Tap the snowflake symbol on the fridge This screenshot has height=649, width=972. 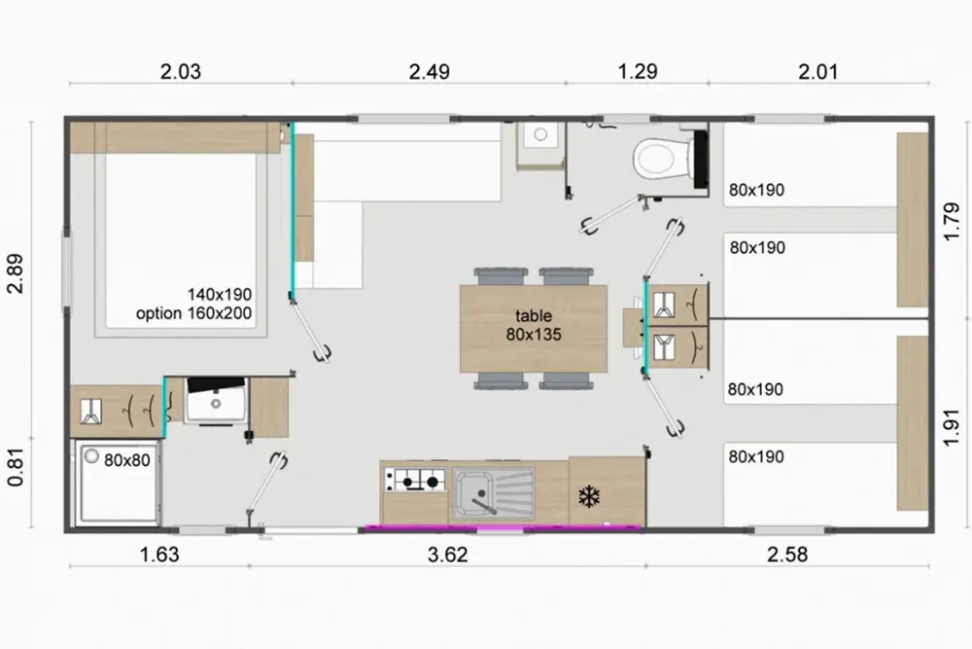[589, 496]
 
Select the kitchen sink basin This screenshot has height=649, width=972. [494, 493]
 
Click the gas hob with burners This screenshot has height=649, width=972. [416, 480]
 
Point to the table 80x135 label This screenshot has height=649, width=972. [533, 325]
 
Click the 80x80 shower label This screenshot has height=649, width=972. [127, 460]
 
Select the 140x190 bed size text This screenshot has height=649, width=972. [220, 294]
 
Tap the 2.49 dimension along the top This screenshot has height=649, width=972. [429, 72]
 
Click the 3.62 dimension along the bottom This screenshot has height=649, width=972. [447, 554]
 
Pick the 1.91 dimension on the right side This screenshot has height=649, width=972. [952, 427]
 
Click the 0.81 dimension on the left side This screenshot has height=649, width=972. [17, 467]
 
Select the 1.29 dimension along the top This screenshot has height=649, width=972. [638, 72]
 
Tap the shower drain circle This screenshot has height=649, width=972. [91, 457]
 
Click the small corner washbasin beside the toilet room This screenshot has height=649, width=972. [540, 145]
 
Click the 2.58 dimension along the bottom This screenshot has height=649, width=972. [787, 554]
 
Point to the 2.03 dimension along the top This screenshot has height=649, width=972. [181, 72]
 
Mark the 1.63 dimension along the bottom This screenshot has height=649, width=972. [159, 554]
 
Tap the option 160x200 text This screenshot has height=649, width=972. [194, 313]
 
